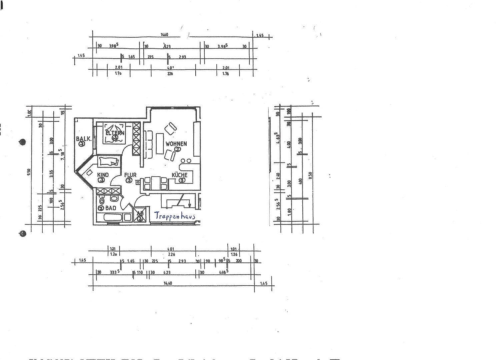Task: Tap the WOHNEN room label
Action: (x=176, y=144)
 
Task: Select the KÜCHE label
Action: (x=179, y=175)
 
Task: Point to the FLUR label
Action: (x=130, y=175)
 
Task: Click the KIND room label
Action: (x=103, y=175)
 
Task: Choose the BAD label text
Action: (x=111, y=208)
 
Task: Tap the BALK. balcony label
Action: (x=83, y=139)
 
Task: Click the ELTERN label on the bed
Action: (x=115, y=133)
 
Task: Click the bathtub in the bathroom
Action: (x=113, y=218)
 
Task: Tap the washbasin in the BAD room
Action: (x=114, y=199)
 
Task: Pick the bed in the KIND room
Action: (x=109, y=162)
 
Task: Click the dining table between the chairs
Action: (x=155, y=183)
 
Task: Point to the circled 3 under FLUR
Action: (x=129, y=180)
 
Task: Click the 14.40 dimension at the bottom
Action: (x=167, y=283)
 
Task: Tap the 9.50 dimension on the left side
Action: (x=29, y=172)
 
